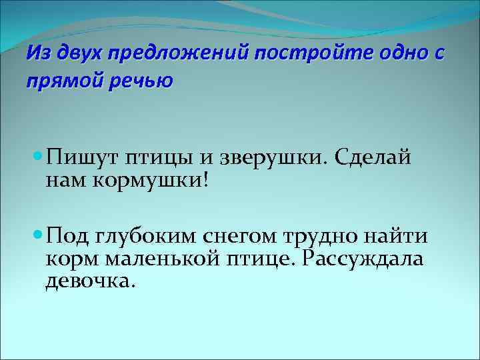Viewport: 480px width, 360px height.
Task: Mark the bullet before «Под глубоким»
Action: [x=37, y=235]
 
